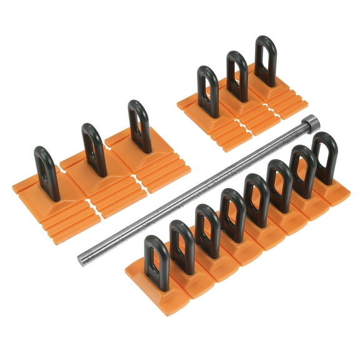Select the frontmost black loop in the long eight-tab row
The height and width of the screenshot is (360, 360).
point(156,261)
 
